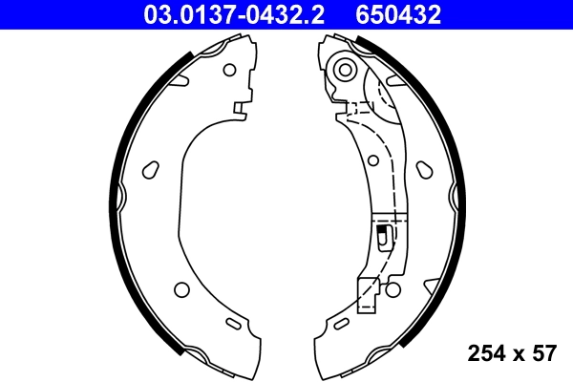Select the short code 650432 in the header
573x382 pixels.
pos(399,13)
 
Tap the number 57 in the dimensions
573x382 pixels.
pos(543,354)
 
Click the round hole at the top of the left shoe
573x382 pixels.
pos(228,70)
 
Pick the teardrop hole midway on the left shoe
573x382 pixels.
pos(149,170)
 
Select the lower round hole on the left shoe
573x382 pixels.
pos(181,289)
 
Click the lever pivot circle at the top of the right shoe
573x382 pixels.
pos(344,69)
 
